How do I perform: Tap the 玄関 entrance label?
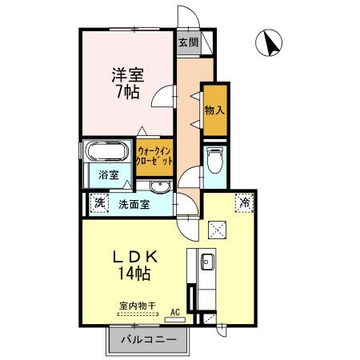tap(187, 42)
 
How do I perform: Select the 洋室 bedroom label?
tap(126, 74)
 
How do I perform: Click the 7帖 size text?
tap(126, 93)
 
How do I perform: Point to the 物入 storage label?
tap(214, 109)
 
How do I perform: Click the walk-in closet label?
tap(154, 154)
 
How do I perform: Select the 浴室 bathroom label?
tap(109, 174)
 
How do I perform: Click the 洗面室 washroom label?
tap(134, 204)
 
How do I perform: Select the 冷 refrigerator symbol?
tap(242, 203)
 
